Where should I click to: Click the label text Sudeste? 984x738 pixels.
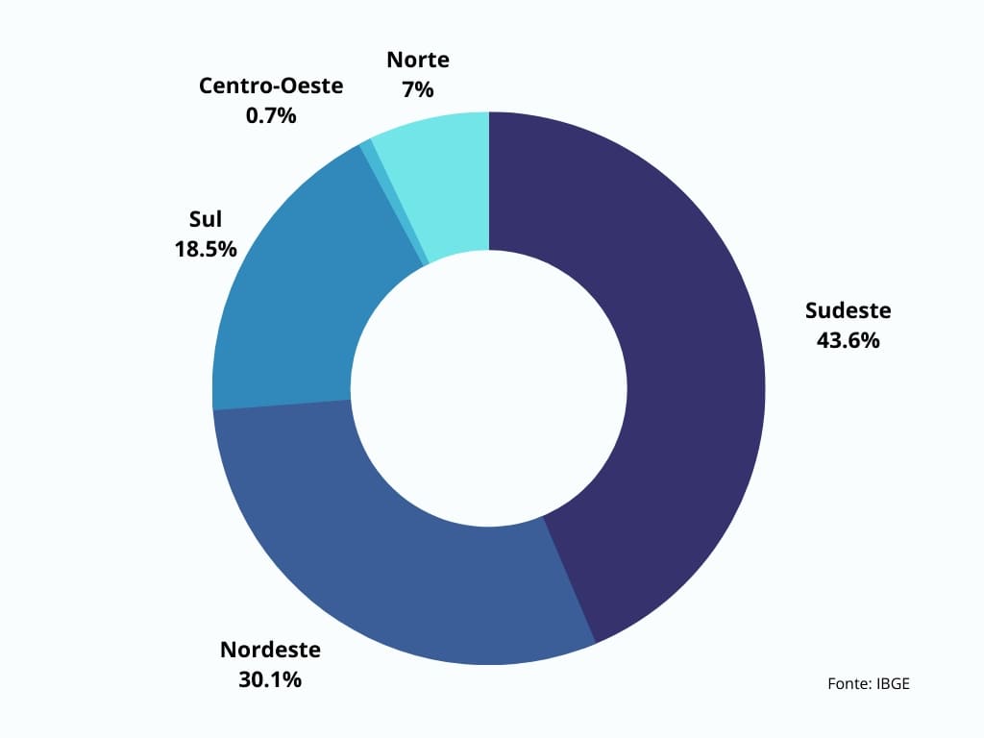848,310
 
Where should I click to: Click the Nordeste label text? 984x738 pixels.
270,650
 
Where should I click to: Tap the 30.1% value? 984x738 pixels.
270,679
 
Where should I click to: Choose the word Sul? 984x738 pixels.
206,219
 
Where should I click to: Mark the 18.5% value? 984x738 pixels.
206,249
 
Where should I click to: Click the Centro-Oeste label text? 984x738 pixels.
271,86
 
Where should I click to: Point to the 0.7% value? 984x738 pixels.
271,115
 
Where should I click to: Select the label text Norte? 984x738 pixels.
418,60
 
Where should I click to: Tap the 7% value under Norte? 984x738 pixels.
418,89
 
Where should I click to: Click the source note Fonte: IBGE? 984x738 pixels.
868,684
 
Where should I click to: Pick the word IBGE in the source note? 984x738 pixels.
893,684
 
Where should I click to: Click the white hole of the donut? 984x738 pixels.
488,387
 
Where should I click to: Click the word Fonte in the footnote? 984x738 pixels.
849,684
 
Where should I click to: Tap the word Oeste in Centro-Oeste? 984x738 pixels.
312,86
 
